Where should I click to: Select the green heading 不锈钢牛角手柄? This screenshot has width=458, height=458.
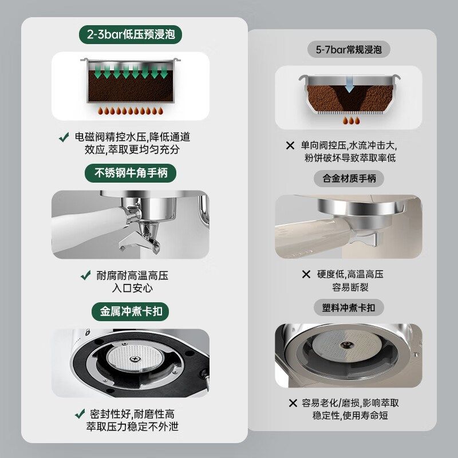[x=131, y=172]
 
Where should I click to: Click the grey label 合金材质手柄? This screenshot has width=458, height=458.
[x=349, y=179]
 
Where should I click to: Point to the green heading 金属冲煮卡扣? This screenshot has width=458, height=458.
[x=131, y=311]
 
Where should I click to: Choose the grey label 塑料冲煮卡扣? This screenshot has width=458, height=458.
[x=349, y=307]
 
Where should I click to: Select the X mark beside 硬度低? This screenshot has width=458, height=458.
[x=306, y=274]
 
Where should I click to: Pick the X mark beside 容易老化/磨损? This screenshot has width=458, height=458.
[x=293, y=403]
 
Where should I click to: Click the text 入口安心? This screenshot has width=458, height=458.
[x=131, y=287]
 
